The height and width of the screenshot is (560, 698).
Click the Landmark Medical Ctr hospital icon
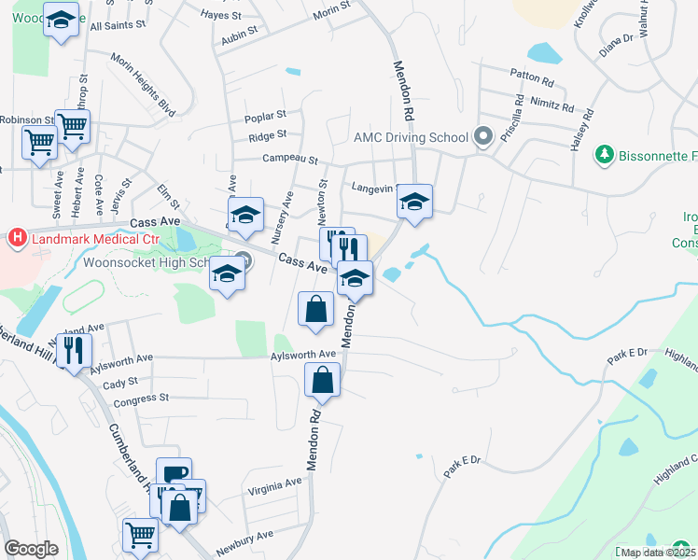click(x=16, y=239)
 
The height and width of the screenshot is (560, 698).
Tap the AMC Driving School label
click(x=410, y=137)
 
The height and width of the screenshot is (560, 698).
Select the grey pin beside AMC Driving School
click(x=483, y=137)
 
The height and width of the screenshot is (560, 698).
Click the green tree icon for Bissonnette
click(x=605, y=154)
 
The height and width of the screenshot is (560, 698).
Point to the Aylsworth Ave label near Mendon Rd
click(x=302, y=355)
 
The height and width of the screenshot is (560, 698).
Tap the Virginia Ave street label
click(x=275, y=483)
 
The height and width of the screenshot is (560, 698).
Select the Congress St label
click(x=140, y=399)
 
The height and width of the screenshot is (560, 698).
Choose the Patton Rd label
click(x=532, y=74)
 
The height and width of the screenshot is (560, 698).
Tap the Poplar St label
click(x=265, y=117)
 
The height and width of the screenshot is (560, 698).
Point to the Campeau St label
click(x=290, y=159)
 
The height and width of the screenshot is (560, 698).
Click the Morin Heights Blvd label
click(x=144, y=86)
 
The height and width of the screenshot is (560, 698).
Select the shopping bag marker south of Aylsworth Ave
click(x=322, y=380)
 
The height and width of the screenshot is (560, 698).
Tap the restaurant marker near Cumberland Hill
click(x=72, y=350)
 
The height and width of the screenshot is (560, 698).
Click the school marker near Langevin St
click(x=414, y=201)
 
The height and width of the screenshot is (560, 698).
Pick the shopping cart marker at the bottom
click(x=140, y=536)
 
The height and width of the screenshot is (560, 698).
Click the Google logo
click(x=32, y=548)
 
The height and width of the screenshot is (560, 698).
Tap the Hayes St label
click(x=221, y=14)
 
